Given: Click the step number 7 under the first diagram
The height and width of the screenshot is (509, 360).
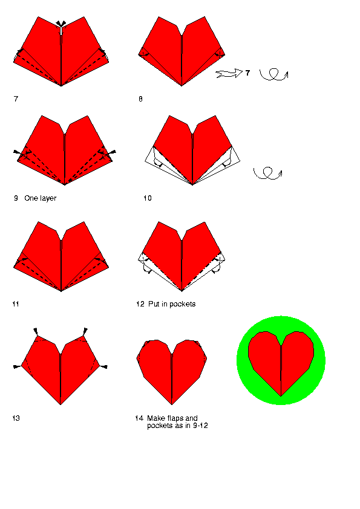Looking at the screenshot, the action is point(16,99).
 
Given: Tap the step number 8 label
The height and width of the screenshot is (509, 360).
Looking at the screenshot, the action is point(140,99).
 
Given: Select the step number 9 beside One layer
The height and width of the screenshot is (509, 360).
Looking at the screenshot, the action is point(16,198).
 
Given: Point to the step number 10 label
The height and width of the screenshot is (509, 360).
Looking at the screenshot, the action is point(148,198).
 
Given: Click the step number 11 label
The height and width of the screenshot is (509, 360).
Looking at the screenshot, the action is point(16,304).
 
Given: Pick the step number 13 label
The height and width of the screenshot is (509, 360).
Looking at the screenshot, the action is point(16,418).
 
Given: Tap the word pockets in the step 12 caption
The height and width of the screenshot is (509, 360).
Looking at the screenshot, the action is point(183,304).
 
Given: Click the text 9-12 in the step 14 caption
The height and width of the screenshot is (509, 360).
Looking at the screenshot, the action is point(200,426).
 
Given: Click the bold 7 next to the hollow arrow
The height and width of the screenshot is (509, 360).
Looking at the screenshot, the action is point(248,73).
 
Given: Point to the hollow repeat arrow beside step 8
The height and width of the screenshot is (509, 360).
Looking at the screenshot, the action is point(229,74).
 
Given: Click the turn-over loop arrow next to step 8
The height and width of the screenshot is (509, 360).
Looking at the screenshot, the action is point(274,74).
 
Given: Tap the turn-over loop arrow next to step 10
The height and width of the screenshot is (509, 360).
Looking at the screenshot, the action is point(267,173).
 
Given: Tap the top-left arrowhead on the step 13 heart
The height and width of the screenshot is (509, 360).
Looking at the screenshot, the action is point(36,331).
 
